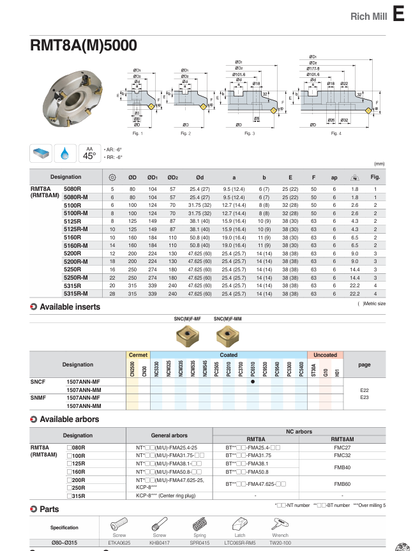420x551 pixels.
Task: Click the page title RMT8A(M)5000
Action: tap(83, 46)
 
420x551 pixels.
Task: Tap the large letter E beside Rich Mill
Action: tap(399, 14)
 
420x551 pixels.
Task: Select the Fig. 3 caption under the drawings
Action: tap(249, 133)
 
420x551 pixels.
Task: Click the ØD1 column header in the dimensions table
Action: tap(153, 177)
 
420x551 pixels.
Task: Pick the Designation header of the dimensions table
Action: tap(66, 177)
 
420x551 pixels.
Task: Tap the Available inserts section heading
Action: tap(70, 307)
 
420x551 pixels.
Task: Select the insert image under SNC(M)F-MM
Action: tap(227, 335)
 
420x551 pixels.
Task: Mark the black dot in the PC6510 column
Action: tap(253, 381)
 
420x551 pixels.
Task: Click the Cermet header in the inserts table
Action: tap(138, 354)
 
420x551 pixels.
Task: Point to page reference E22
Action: tap(364, 389)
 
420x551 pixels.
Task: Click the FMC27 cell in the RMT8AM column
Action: tap(342, 448)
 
